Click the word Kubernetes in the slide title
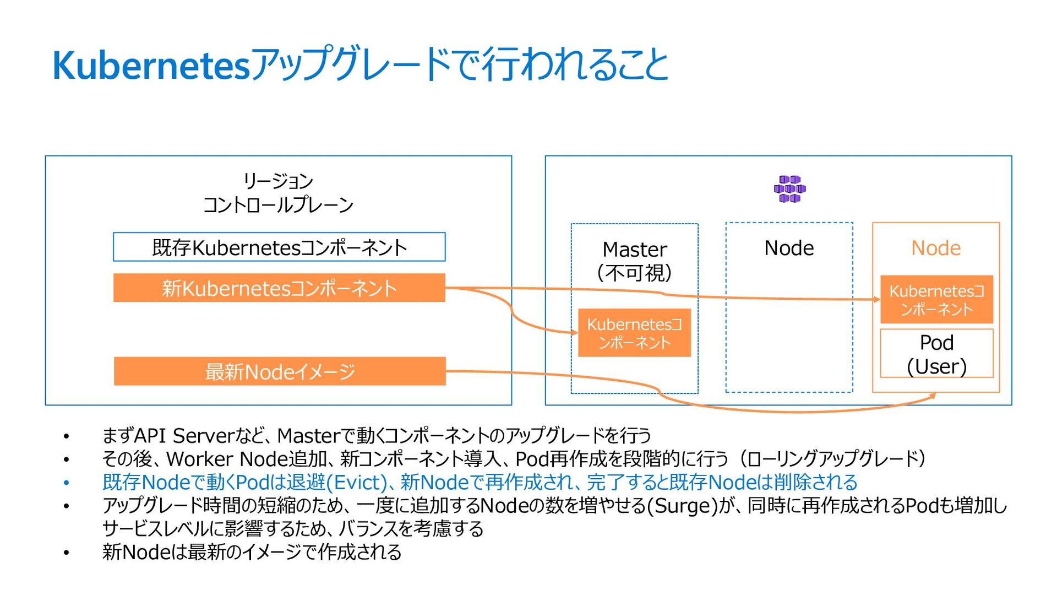151,66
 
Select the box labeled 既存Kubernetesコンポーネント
279,247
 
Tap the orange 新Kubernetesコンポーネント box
279,288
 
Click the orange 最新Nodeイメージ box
280,371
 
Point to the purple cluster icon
789,189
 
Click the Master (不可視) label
634,261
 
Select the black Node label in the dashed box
789,248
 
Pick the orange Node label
936,248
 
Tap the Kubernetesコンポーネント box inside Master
634,333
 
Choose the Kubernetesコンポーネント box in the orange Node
936,299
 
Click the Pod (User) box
936,353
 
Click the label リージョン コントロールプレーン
278,193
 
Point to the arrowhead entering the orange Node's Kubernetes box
876,299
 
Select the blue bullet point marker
66,483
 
